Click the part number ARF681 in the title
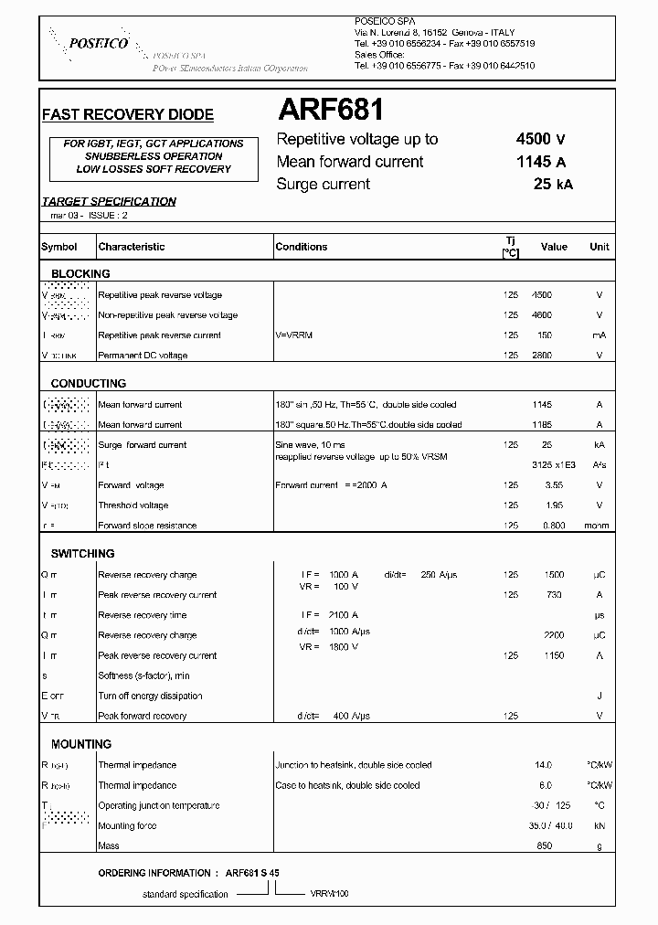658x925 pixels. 330,112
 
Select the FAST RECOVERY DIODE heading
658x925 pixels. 128,115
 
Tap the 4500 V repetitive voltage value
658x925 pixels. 540,139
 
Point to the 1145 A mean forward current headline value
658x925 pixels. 540,162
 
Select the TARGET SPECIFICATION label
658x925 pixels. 109,202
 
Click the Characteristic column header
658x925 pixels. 132,247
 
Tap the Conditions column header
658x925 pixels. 302,247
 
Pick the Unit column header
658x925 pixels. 599,247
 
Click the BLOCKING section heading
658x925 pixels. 80,273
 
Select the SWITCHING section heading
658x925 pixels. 82,554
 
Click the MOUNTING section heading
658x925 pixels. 81,744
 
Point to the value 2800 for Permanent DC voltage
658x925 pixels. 542,356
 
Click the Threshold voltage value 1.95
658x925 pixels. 542,505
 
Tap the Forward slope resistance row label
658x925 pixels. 147,526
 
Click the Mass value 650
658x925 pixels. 545,846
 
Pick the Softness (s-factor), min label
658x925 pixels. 144,676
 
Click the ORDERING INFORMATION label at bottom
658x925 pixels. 158,873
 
